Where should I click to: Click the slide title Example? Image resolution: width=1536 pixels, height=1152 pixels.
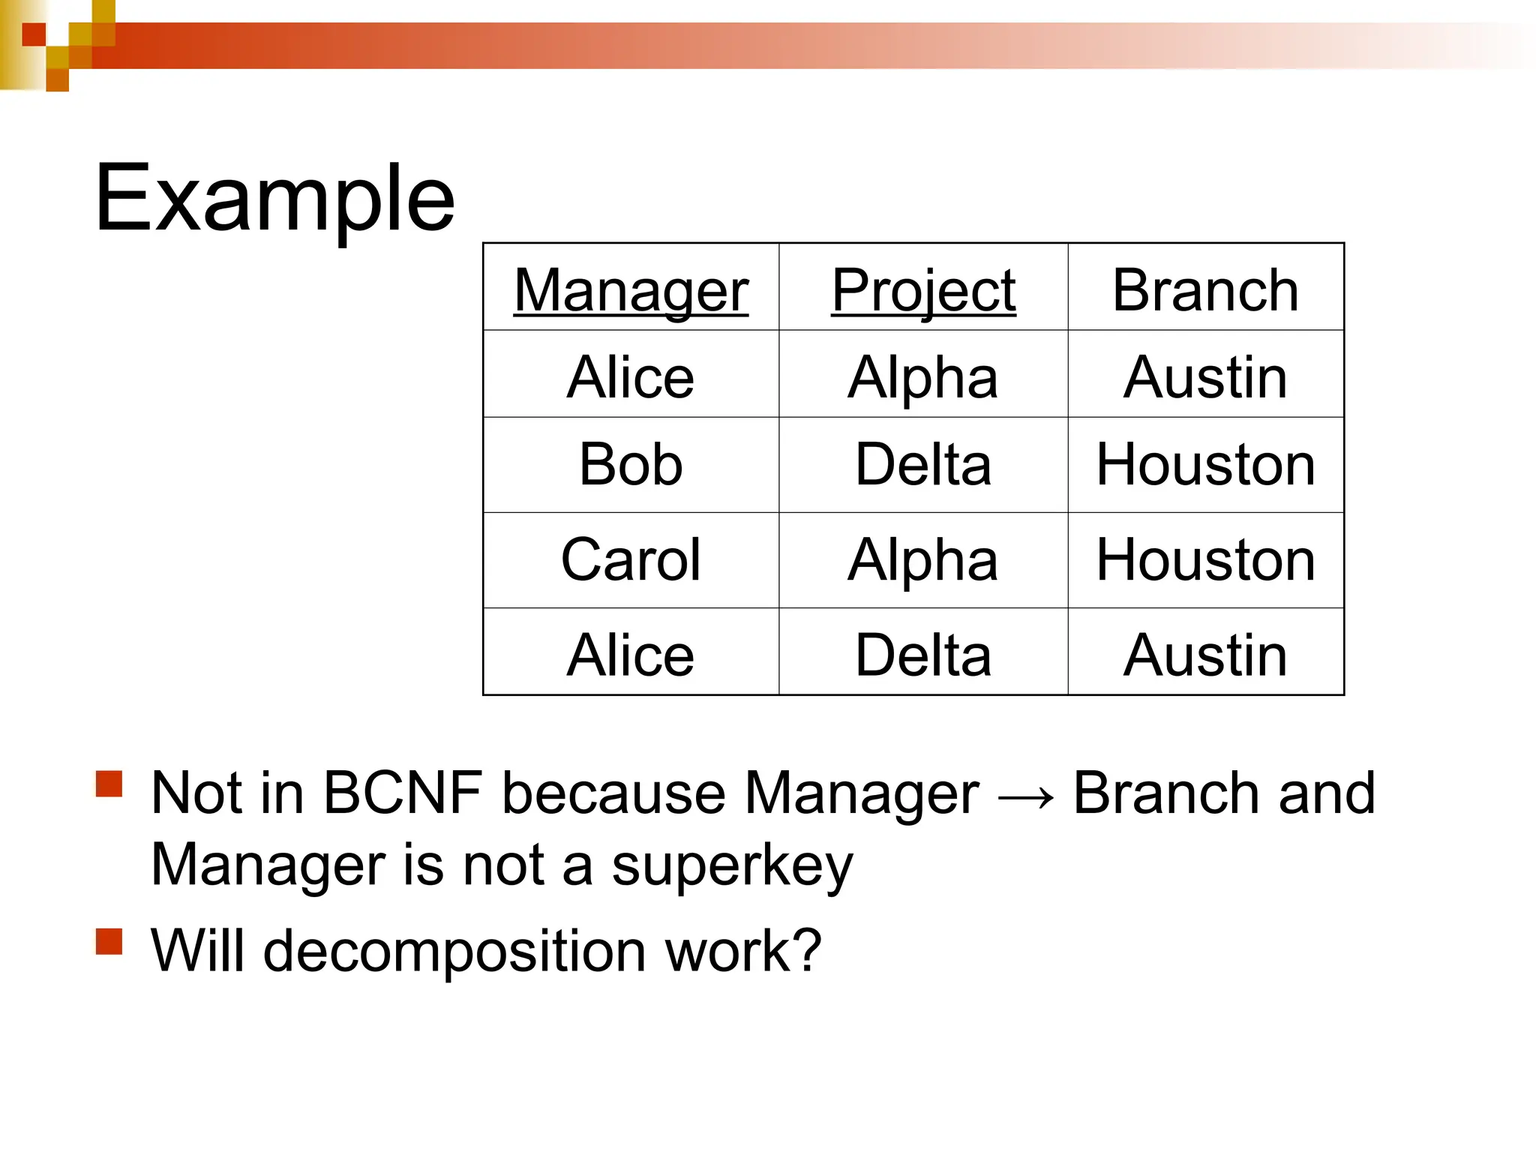coord(274,199)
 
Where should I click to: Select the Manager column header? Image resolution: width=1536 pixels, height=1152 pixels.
coord(631,290)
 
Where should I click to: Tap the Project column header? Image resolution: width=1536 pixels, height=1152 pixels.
coord(923,290)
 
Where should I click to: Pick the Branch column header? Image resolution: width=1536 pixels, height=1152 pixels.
coord(1205,290)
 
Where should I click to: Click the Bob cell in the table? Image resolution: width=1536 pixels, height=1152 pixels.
coord(631,465)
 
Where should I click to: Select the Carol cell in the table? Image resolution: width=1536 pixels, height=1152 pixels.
coord(631,560)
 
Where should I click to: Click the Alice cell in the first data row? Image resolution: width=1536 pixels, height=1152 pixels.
coord(631,377)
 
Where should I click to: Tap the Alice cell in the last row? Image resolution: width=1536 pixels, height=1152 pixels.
coord(631,655)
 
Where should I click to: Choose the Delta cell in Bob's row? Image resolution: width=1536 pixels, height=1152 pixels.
coord(923,465)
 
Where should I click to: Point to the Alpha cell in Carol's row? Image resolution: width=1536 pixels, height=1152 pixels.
coord(923,560)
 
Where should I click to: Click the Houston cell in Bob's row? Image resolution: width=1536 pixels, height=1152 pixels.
coord(1205,465)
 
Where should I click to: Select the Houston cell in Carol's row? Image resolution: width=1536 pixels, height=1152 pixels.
coord(1205,560)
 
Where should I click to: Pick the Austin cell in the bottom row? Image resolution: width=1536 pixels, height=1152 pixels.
coord(1205,655)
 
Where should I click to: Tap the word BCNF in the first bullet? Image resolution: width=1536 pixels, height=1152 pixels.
coord(403,793)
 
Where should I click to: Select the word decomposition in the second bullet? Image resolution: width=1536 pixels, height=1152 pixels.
coord(456,951)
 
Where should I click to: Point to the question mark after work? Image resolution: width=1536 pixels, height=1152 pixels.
coord(807,949)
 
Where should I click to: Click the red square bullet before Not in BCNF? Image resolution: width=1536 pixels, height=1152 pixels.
coord(109,784)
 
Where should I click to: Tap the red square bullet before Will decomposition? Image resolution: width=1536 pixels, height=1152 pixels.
coord(109,941)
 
